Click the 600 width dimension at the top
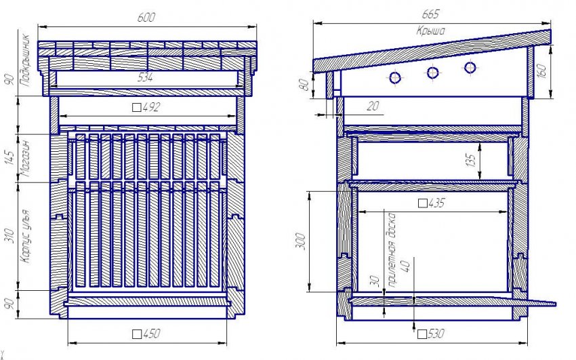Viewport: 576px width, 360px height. pos(146,17)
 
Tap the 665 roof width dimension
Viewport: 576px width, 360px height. pos(430,14)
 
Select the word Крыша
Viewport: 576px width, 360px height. pos(431,31)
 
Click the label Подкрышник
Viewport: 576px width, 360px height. pos(24,60)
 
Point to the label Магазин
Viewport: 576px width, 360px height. pos(24,159)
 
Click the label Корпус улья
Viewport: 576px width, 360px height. pos(24,236)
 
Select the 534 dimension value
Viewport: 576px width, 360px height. pos(145,77)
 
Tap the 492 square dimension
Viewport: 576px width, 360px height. pos(146,107)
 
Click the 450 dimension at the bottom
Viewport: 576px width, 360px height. pos(146,334)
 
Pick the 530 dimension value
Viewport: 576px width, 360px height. pos(431,334)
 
